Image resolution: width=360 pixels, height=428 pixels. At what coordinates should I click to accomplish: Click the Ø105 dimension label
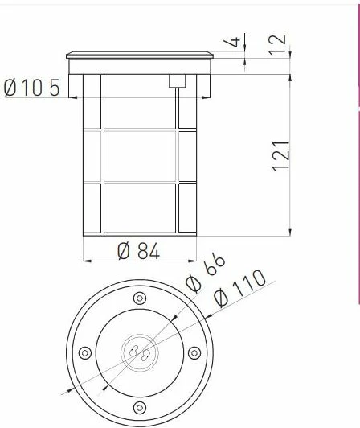pos(32,88)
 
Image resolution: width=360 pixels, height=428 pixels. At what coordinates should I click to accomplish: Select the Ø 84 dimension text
pos(138,251)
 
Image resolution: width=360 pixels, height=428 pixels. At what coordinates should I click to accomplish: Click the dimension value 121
pos(280,154)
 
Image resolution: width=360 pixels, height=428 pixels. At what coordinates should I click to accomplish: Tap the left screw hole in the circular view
pos(84,352)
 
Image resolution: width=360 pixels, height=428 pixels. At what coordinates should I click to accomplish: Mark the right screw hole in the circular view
pos(193,352)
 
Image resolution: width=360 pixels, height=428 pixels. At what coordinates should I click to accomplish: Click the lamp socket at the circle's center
pos(138,352)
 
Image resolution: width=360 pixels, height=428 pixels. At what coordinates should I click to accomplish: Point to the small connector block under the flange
pos(177,80)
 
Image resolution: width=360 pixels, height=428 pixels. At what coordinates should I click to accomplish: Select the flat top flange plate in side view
pos(140,56)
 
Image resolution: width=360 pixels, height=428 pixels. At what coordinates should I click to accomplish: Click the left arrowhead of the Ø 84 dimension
pos(86,261)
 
